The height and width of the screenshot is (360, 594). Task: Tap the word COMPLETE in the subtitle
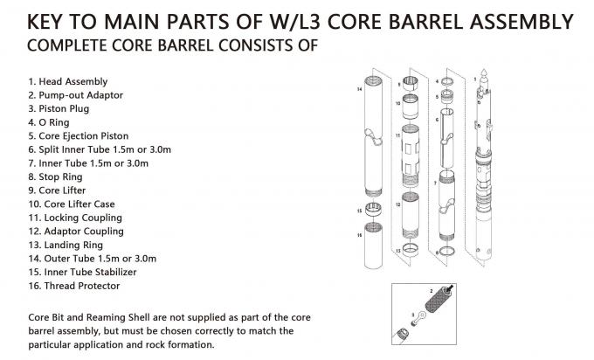coord(62,44)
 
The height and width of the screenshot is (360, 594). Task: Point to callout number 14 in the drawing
coord(359,89)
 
